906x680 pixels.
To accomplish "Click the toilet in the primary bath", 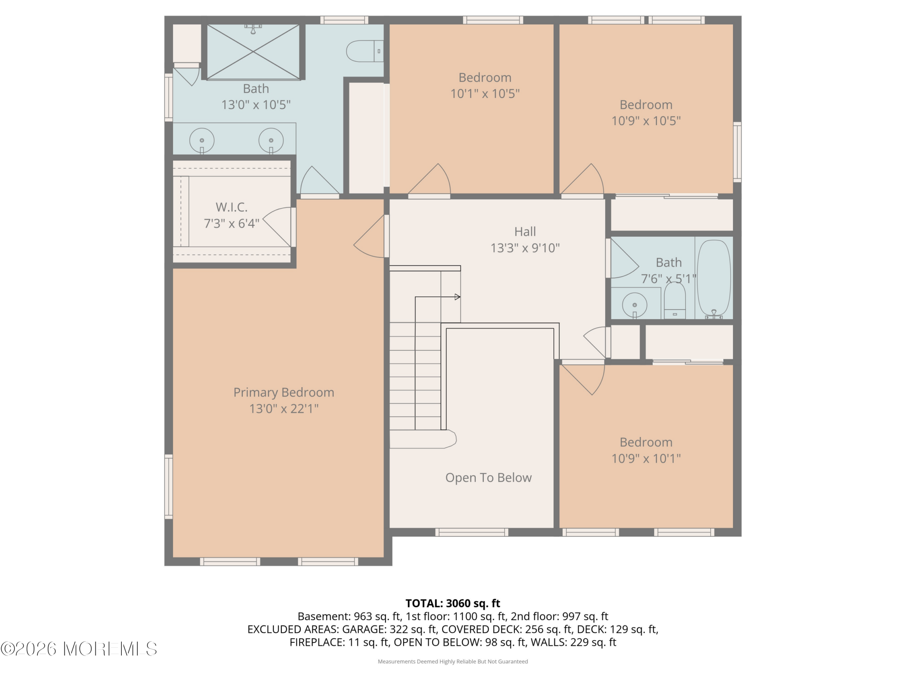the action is point(365,51).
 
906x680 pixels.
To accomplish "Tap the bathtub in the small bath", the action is point(713,279).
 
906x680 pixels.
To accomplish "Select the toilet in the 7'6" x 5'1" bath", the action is point(675,300).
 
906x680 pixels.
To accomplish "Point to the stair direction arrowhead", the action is point(458,297).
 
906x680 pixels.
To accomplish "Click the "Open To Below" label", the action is point(488,477).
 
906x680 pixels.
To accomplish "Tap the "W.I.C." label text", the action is point(231,207).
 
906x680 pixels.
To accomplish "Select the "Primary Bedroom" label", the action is point(284,392).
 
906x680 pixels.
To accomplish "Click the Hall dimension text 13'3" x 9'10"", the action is point(525,248).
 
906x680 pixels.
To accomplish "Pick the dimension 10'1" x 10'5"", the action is point(485,94).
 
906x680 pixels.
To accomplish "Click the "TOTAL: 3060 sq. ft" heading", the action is point(453,603).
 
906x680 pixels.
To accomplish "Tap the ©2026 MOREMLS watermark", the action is point(79,649).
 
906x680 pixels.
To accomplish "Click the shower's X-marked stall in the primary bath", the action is point(253,52).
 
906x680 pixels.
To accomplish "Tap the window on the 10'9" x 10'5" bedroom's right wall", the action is point(737,152).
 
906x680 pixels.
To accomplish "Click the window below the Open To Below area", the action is point(472,532).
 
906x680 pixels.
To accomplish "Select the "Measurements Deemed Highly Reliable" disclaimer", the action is point(453,661).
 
